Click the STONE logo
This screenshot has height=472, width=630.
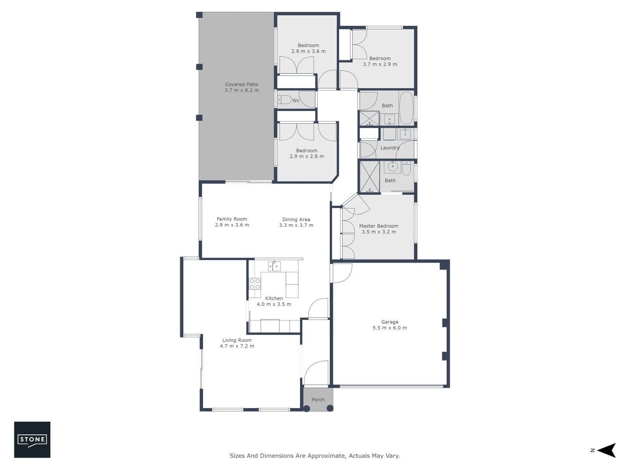(32, 440)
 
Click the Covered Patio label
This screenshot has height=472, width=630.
(241, 84)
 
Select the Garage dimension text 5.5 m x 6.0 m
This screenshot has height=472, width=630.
(389, 328)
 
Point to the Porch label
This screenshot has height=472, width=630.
(318, 399)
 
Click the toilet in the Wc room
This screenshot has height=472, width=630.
(285, 100)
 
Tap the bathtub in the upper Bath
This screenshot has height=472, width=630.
(406, 108)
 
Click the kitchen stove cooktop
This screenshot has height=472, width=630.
(255, 284)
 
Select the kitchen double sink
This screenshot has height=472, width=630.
(274, 266)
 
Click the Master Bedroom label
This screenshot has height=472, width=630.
(378, 226)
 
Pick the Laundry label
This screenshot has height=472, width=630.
(389, 148)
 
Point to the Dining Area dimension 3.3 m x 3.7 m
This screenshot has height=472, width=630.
(296, 226)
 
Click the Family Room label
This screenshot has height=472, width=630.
(232, 219)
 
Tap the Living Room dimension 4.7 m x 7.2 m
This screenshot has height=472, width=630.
(237, 346)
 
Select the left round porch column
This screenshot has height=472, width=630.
(307, 409)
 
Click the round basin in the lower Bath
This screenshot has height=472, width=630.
(393, 166)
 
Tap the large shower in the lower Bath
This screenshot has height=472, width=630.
(369, 177)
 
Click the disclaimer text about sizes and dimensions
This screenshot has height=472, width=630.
(315, 455)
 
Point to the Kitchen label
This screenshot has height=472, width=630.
(274, 298)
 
